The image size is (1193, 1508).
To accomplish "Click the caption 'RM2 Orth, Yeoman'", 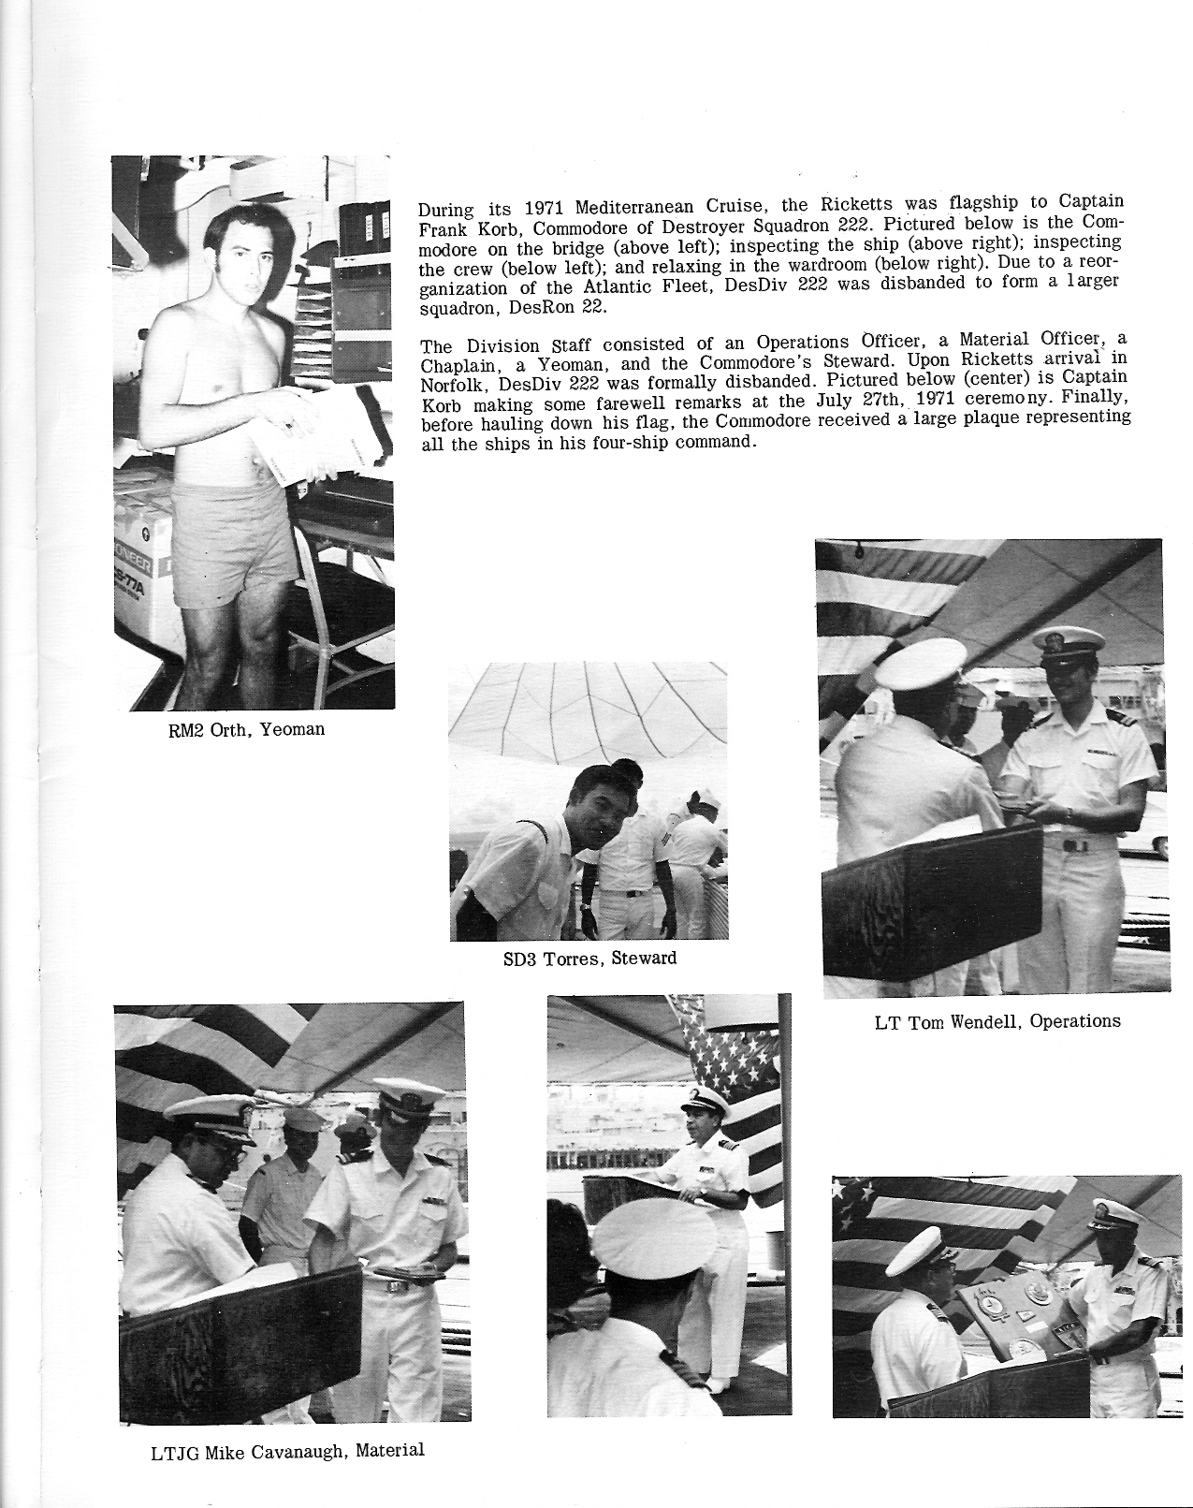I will [x=246, y=729].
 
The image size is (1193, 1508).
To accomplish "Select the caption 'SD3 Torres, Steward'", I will [x=589, y=959].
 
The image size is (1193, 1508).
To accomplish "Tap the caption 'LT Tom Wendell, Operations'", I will [x=997, y=1021].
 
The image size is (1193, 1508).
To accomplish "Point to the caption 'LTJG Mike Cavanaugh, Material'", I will [x=287, y=1452].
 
